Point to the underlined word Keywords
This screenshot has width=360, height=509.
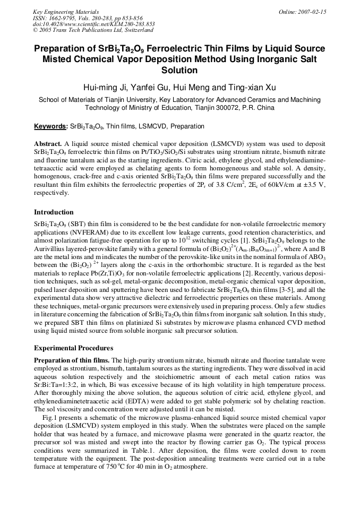coord(50,126)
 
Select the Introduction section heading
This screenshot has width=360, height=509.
coord(54,212)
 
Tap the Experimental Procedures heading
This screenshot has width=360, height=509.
coord(73,348)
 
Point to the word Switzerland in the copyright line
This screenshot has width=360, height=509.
coord(136,31)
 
